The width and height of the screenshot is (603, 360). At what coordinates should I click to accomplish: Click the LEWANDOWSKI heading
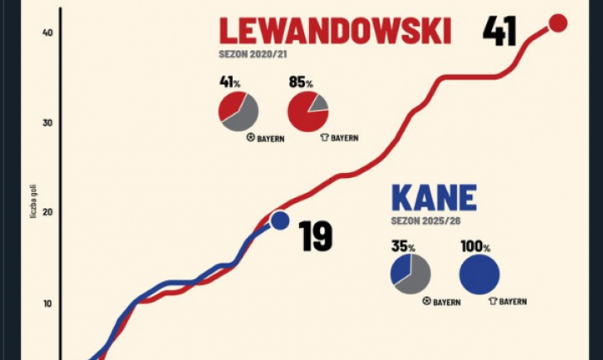tap(334, 32)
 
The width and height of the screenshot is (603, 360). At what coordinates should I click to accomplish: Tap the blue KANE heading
tap(433, 199)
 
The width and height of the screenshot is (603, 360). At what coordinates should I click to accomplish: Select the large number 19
tap(316, 237)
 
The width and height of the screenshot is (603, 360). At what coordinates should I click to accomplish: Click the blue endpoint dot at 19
tap(280, 221)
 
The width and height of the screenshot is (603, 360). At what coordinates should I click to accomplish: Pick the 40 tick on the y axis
tap(47, 32)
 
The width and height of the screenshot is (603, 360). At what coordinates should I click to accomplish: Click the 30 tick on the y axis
tap(47, 123)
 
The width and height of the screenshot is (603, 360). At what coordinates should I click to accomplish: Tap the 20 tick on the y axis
tap(47, 212)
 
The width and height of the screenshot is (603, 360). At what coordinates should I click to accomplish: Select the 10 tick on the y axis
tap(47, 303)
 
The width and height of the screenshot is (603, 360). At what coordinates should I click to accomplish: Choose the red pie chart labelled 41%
tap(239, 111)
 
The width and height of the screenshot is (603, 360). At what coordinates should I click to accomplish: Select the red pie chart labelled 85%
tap(307, 111)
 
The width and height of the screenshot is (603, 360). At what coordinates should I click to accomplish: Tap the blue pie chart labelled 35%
tap(410, 274)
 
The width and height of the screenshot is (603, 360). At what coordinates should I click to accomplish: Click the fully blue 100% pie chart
tap(480, 274)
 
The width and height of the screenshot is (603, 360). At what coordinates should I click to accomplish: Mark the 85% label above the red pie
tap(301, 83)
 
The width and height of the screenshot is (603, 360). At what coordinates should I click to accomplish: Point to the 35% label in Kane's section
tap(403, 248)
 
